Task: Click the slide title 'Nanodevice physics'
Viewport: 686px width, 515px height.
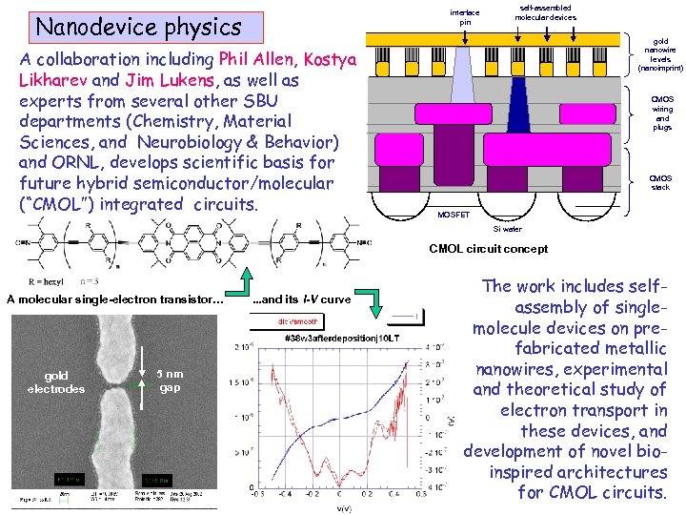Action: tap(138, 27)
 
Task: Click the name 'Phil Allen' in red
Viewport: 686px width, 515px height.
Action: tap(256, 59)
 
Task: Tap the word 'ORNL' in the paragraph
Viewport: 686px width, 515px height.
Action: tap(80, 162)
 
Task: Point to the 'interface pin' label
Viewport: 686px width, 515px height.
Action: tap(465, 17)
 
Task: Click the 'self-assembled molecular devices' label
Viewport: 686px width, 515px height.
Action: tap(545, 12)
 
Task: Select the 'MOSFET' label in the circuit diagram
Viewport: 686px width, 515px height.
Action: tap(453, 215)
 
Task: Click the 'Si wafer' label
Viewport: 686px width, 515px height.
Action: tap(507, 229)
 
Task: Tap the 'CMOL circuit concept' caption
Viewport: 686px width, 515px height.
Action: tap(489, 249)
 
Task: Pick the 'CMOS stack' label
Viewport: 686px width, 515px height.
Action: tap(660, 182)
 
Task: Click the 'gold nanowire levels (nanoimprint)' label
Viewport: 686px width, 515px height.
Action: tap(661, 55)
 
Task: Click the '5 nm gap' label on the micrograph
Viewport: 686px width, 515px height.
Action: tap(170, 381)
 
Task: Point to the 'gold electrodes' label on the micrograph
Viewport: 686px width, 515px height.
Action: tap(56, 381)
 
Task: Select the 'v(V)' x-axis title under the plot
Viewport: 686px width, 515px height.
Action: tap(346, 508)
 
